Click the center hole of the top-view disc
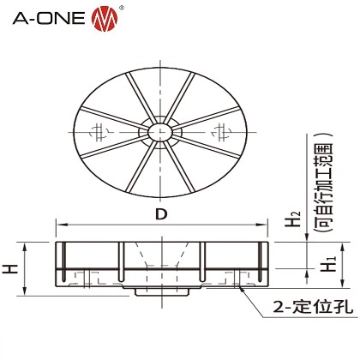point(159,131)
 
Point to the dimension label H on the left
point(10,268)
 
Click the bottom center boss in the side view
point(161,291)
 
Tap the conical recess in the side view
point(161,257)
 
